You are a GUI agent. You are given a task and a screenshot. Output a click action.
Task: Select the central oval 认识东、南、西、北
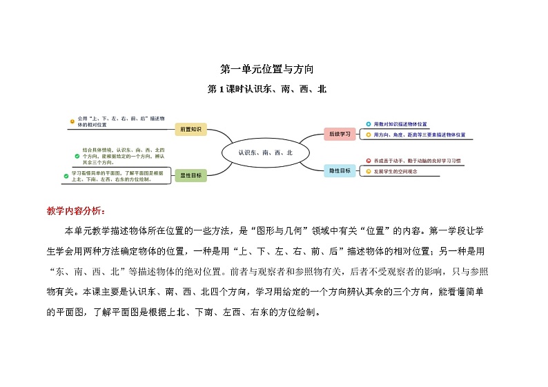click(266, 152)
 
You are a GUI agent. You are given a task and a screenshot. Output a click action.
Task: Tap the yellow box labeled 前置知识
click(190, 129)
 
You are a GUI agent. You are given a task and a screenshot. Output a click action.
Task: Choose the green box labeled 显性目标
click(190, 175)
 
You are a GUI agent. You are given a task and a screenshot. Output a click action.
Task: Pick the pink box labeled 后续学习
click(340, 134)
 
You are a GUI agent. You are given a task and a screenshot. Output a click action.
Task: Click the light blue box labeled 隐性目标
click(340, 170)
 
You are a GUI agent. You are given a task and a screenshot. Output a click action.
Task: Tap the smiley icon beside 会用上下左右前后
click(72, 121)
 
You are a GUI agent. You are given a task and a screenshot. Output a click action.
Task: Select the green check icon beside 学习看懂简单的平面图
click(66, 176)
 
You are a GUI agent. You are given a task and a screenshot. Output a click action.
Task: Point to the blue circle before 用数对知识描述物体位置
click(367, 124)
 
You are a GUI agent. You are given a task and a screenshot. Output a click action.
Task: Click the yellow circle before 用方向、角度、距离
click(367, 135)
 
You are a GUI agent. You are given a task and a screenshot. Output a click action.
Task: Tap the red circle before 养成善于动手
click(369, 160)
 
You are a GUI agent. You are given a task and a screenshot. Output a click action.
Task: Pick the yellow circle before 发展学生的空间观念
click(369, 170)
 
